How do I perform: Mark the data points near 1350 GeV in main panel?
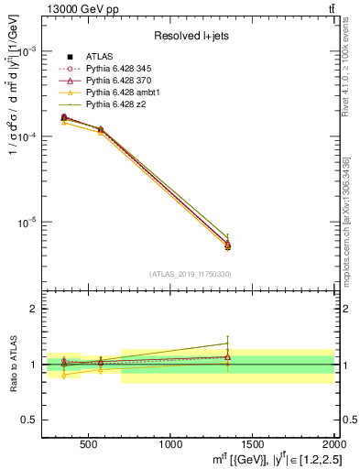click(x=228, y=245)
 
